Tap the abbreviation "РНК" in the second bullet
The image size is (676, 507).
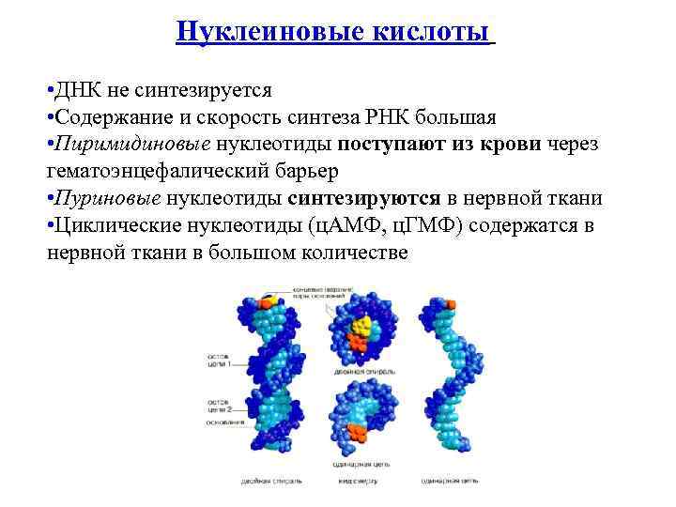[x=395, y=118]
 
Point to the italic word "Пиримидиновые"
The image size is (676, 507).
[x=132, y=146]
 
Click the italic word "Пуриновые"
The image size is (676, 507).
[x=110, y=199]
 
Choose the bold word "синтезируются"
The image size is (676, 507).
[x=365, y=199]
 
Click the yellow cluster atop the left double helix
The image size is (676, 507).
[x=269, y=301]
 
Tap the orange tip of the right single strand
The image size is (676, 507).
[x=450, y=305]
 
